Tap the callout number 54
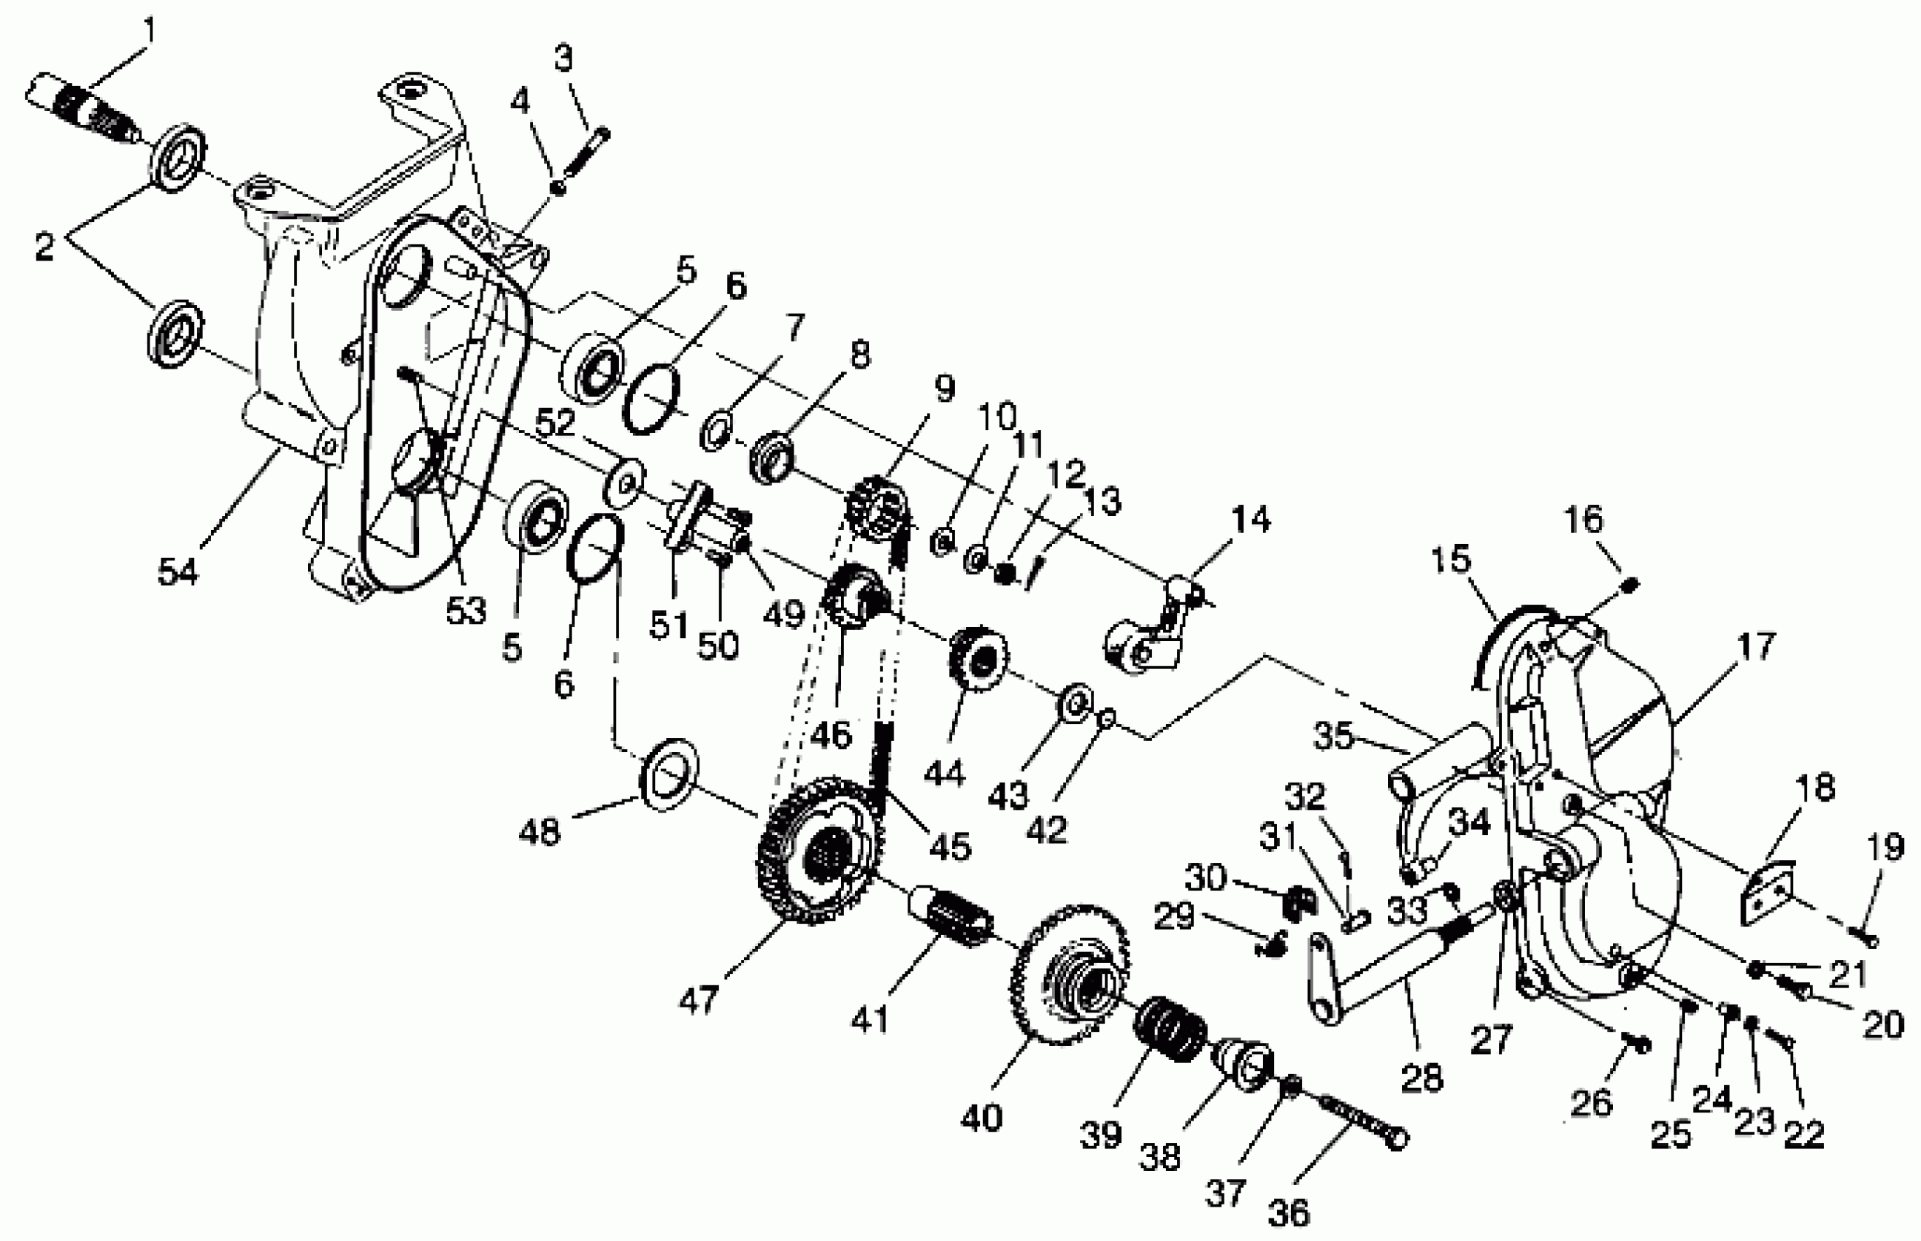coord(177,572)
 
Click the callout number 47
coord(698,1000)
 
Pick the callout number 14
coord(1251,520)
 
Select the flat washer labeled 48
coord(668,774)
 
